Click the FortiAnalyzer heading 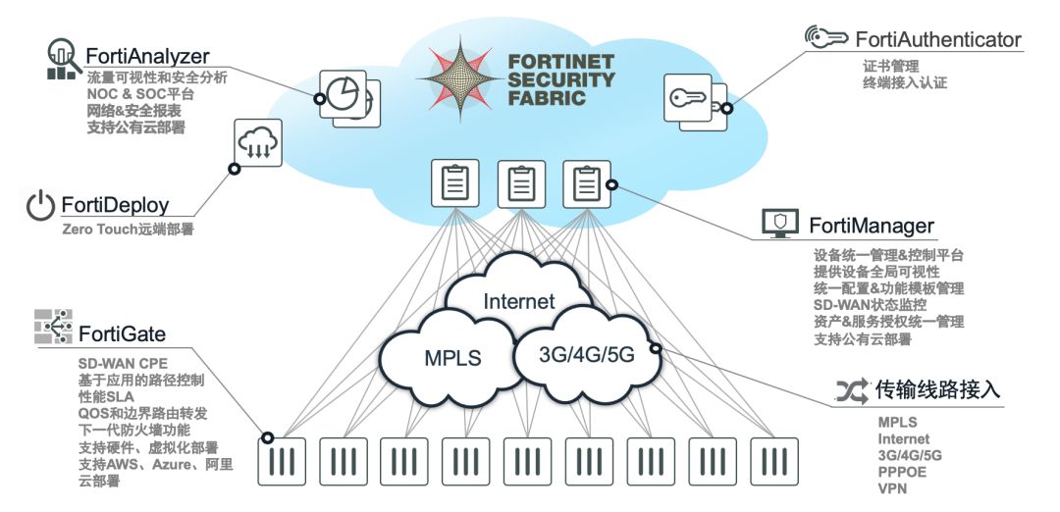point(147,55)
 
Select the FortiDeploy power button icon point(40,205)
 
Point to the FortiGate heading point(123,333)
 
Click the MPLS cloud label point(452,357)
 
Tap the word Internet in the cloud point(518,300)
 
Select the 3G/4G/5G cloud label point(586,354)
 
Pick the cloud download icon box point(258,143)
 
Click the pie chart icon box point(344,93)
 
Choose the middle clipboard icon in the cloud point(521,183)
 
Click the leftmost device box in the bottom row point(282,461)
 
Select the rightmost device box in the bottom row point(774,461)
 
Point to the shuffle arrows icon point(852,390)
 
